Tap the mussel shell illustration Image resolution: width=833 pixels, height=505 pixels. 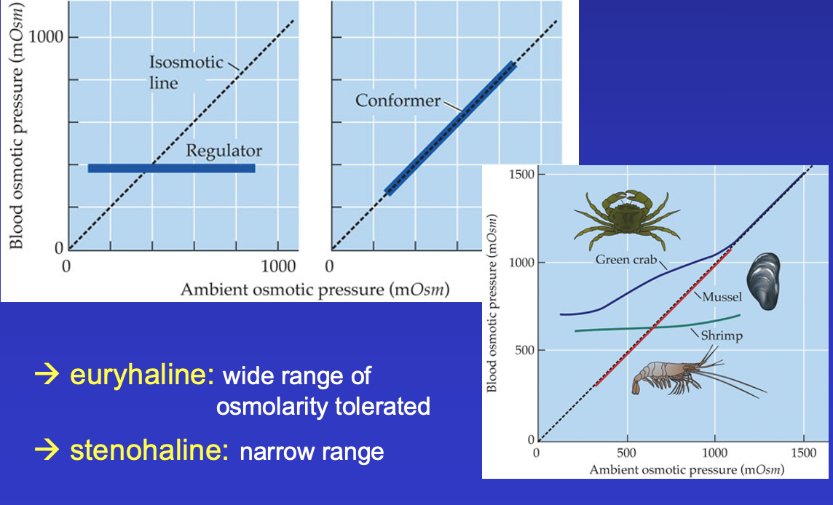pos(765,281)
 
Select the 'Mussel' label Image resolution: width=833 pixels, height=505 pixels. pos(721,297)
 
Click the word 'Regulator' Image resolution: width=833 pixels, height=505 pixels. pos(224,151)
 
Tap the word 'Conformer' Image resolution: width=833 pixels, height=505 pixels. pos(398,100)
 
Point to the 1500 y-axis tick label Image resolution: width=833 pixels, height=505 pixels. pos(521,175)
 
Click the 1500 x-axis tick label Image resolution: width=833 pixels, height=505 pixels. pos(803,453)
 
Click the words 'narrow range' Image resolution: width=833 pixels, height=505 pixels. pos(312,452)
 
